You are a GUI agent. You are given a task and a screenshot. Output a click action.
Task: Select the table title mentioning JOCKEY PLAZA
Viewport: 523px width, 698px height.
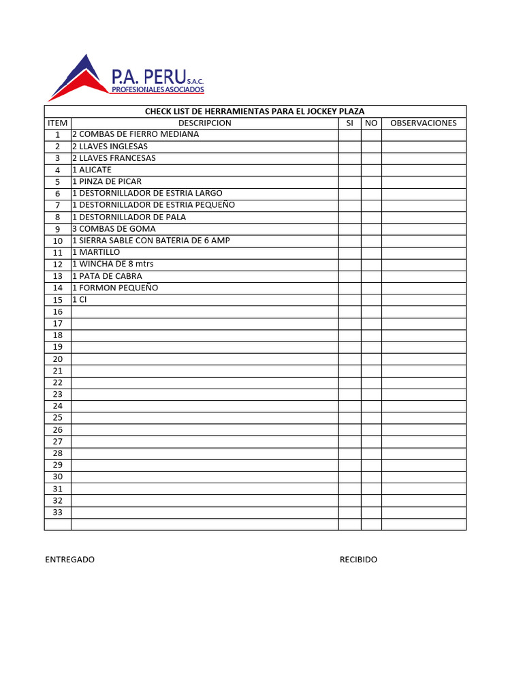pos(255,112)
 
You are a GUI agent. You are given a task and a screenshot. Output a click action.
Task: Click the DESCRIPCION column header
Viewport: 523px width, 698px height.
pos(204,123)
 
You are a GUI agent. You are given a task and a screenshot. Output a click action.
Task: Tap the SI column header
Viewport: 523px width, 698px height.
pos(349,123)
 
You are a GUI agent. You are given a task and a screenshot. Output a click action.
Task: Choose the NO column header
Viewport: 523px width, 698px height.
pos(370,123)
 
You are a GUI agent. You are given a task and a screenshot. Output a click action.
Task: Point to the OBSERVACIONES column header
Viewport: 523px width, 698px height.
pos(423,123)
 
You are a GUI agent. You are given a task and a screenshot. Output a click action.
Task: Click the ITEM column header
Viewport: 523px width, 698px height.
pos(58,123)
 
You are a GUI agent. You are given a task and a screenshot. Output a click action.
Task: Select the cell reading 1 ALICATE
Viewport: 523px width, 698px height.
pos(92,170)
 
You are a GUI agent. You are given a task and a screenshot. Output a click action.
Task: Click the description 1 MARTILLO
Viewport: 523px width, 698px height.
pos(96,252)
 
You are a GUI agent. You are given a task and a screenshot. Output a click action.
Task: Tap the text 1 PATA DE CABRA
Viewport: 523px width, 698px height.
pos(107,276)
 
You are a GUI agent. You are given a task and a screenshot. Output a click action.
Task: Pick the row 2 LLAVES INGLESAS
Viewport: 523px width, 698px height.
pos(110,147)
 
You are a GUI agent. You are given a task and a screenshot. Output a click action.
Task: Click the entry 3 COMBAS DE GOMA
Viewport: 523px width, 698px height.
pos(114,229)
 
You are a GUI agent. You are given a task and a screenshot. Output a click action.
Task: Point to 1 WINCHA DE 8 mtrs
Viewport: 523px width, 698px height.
pos(117,264)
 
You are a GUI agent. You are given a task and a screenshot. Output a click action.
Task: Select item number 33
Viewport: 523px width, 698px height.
pos(58,513)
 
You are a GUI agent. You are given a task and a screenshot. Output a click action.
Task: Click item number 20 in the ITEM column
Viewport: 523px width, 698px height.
pos(58,359)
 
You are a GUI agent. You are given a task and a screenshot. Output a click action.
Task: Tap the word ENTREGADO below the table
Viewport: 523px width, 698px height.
pos(70,560)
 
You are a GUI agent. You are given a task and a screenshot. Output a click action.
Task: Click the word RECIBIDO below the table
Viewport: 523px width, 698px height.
pos(358,560)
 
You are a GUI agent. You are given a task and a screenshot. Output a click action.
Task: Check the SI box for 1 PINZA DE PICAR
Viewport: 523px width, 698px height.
pos(349,182)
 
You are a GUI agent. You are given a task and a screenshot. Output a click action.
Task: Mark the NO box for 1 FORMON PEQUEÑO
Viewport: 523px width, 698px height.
pos(370,288)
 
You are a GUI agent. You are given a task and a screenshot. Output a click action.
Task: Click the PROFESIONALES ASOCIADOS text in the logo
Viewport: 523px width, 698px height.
pos(157,90)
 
